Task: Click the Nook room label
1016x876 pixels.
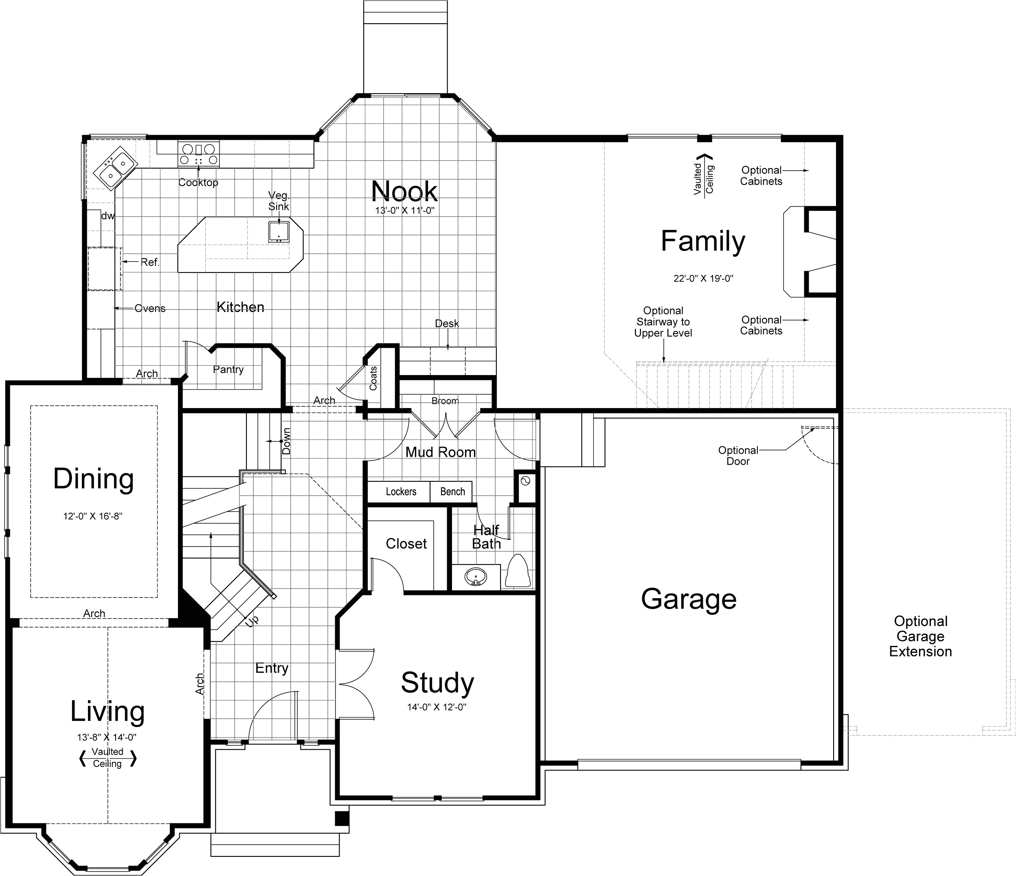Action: pyautogui.click(x=404, y=191)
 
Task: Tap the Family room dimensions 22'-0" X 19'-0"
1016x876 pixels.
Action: pyautogui.click(x=703, y=279)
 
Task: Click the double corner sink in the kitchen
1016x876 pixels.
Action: pyautogui.click(x=116, y=166)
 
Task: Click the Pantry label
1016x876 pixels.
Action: pyautogui.click(x=228, y=369)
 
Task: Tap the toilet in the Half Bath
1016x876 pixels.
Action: pyautogui.click(x=517, y=572)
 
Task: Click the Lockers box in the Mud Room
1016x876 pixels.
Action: pyautogui.click(x=401, y=492)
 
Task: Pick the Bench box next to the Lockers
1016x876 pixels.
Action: pyautogui.click(x=452, y=492)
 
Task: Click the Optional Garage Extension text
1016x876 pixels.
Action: pyautogui.click(x=920, y=636)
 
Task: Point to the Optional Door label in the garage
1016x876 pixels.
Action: pyautogui.click(x=737, y=456)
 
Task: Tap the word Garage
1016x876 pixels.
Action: pyautogui.click(x=689, y=599)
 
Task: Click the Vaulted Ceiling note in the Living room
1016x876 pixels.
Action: pyautogui.click(x=108, y=758)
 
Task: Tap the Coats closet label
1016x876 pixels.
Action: pyautogui.click(x=373, y=378)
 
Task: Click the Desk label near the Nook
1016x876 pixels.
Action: pyautogui.click(x=447, y=324)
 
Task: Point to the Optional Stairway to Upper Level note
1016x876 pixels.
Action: pyautogui.click(x=663, y=322)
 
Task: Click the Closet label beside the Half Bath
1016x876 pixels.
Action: pyautogui.click(x=406, y=543)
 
